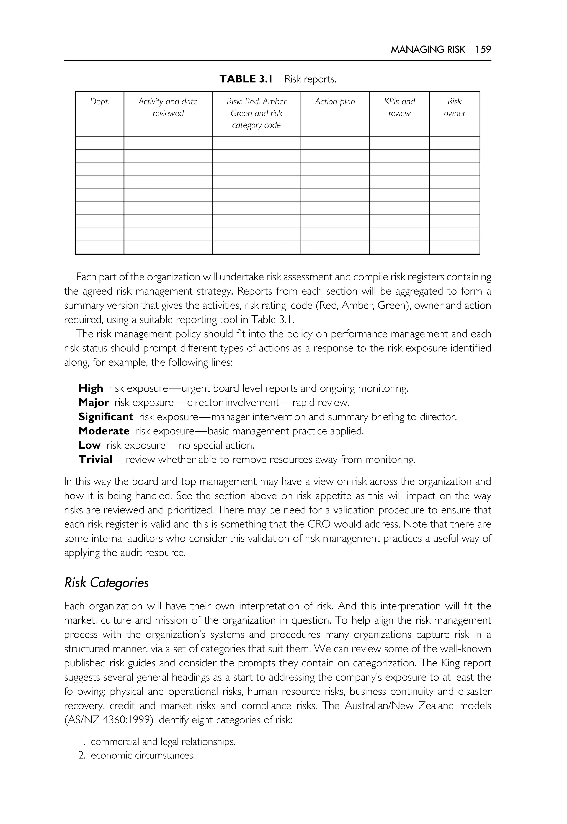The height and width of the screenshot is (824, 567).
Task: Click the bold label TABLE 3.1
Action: pyautogui.click(x=246, y=79)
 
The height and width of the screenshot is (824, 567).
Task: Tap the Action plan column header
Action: pyautogui.click(x=335, y=102)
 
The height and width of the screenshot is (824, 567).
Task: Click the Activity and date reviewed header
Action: pyautogui.click(x=168, y=107)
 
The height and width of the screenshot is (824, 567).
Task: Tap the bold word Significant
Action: pyautogui.click(x=105, y=417)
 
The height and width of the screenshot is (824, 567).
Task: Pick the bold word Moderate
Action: pyautogui.click(x=104, y=431)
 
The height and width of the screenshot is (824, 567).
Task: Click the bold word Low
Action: pyautogui.click(x=89, y=445)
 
